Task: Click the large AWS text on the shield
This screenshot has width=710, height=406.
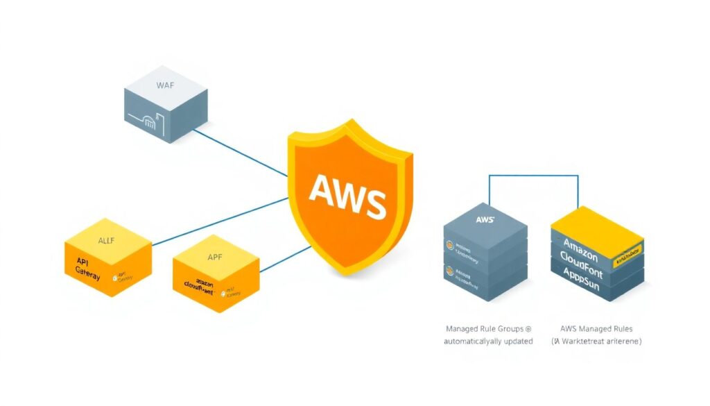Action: click(347, 196)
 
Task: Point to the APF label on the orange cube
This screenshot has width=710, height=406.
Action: click(215, 256)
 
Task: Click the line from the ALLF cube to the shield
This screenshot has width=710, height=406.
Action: click(222, 221)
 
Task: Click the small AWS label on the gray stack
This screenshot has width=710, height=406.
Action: click(485, 219)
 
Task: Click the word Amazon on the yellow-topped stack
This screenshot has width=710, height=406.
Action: click(580, 245)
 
